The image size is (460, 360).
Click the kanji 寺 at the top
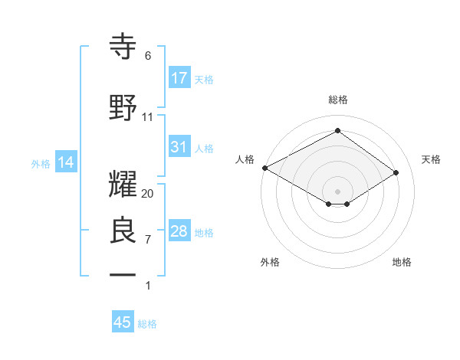[x=123, y=46]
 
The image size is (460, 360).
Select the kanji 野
[x=123, y=107]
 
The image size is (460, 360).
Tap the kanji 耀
[x=123, y=184]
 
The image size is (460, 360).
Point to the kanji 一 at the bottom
[x=123, y=274]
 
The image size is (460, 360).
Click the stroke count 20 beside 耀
[x=148, y=194]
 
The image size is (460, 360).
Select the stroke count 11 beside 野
[x=148, y=117]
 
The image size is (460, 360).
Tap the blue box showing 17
[x=179, y=78]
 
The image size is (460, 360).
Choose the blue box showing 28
[x=179, y=231]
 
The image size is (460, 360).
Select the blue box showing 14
[x=66, y=162]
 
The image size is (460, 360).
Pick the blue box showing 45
[x=123, y=322]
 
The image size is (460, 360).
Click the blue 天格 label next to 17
[x=204, y=79]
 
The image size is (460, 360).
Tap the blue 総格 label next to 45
[x=147, y=323]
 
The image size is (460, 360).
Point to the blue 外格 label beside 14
[x=41, y=163]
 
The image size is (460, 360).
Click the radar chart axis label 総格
[x=337, y=100]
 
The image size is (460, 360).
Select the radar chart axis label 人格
[x=245, y=159]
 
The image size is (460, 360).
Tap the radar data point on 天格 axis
[x=396, y=173]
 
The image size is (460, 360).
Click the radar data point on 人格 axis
[x=264, y=167]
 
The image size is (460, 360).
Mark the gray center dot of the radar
[x=337, y=190]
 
